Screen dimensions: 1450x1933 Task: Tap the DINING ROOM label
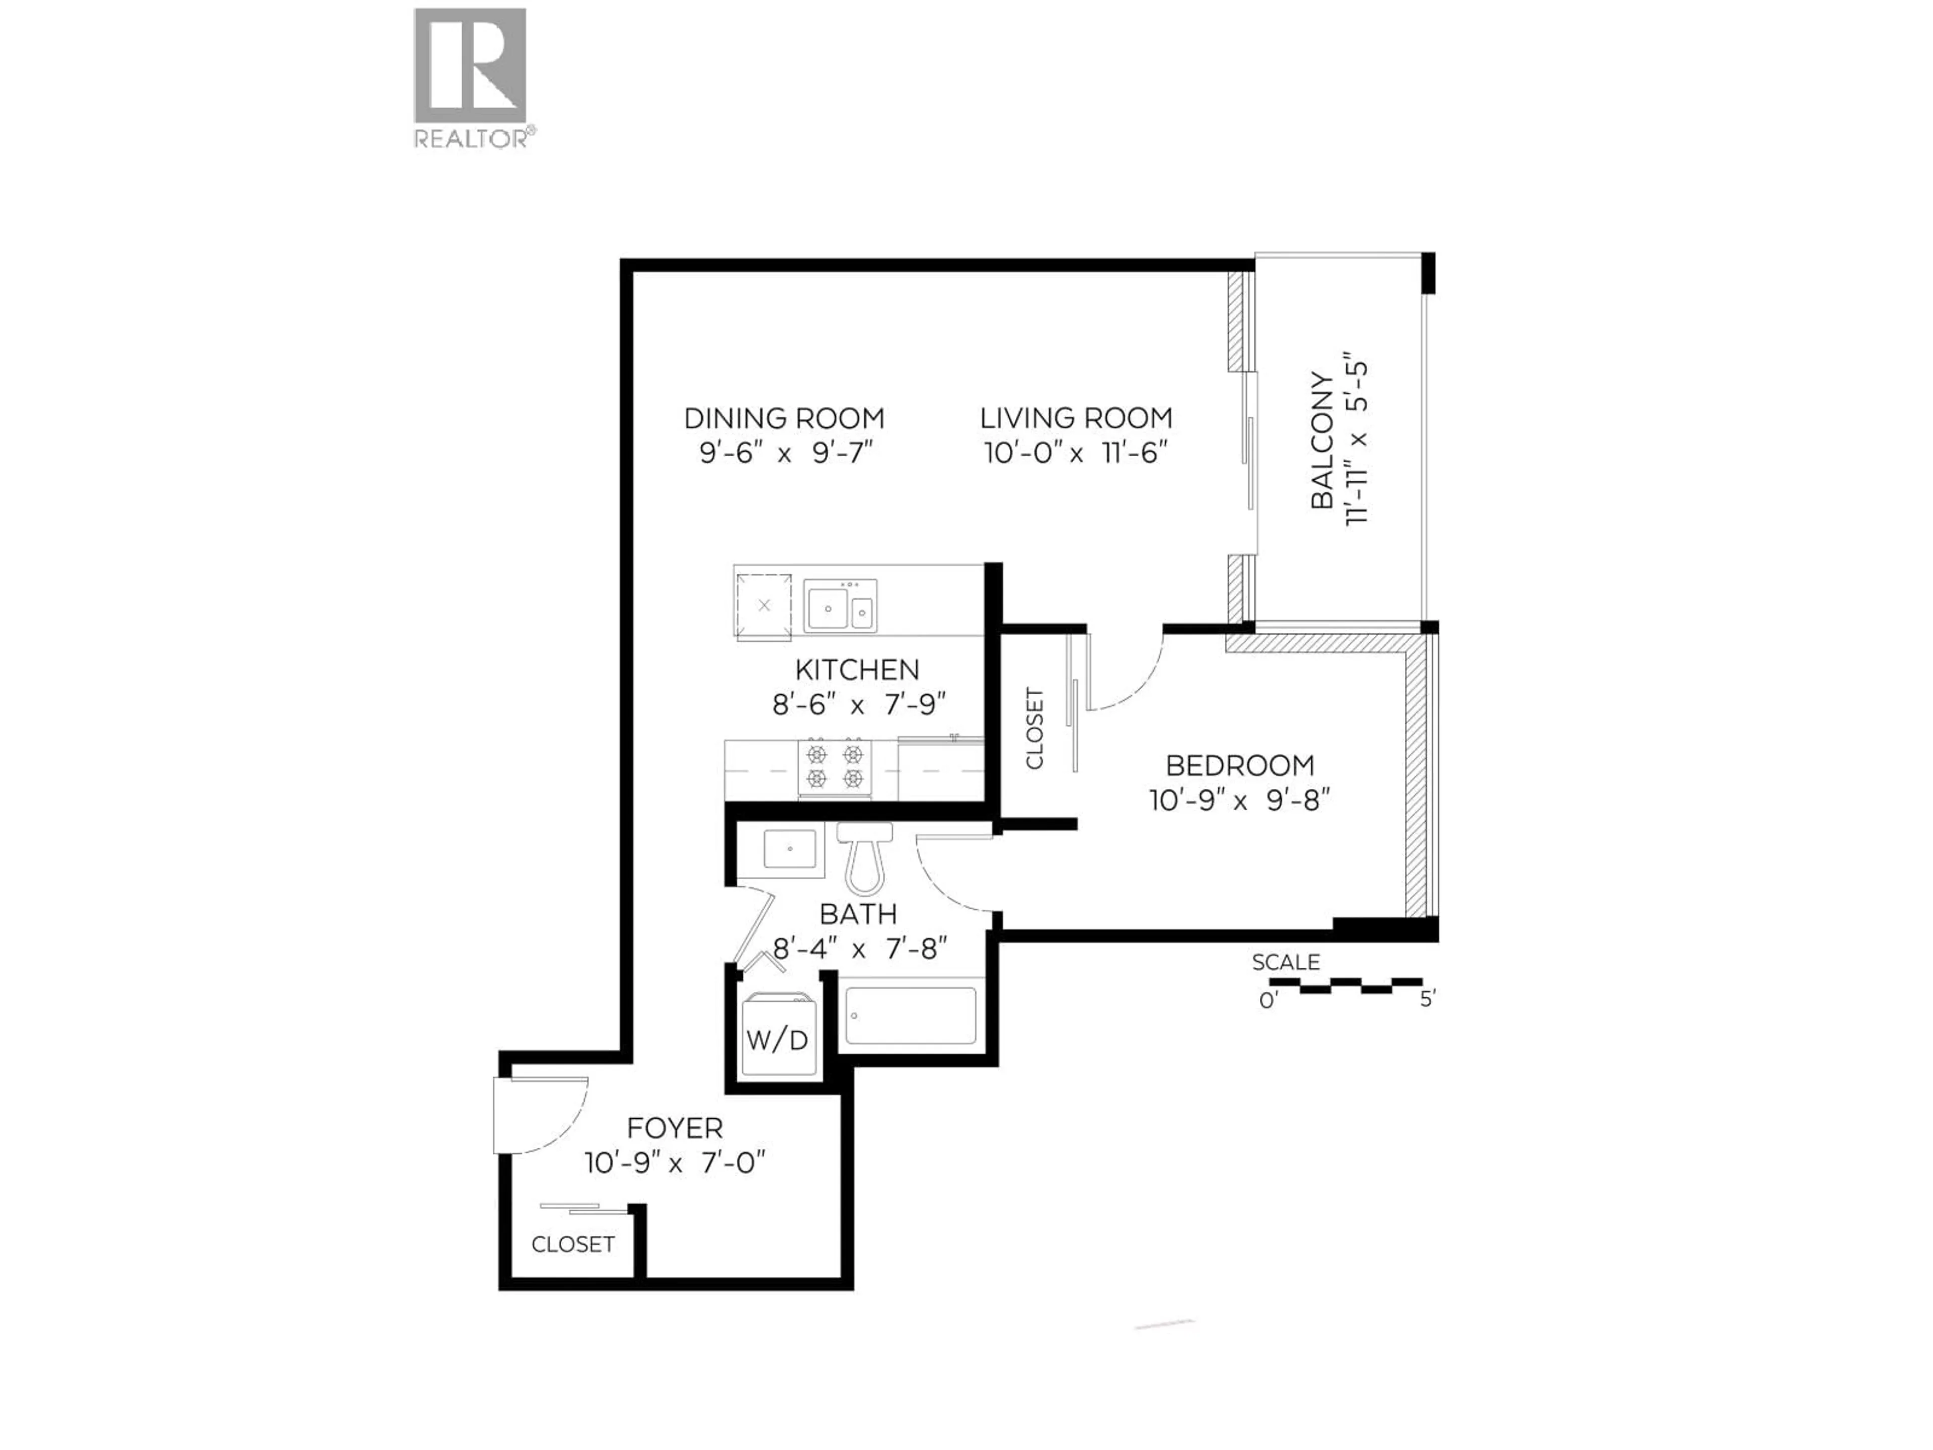pos(784,419)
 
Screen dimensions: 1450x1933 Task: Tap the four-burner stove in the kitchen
pos(835,766)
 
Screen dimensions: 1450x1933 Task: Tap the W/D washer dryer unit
pos(777,1039)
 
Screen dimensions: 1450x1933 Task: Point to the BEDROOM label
pos(1239,766)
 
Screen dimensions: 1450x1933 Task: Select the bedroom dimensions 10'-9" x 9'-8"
pos(1239,800)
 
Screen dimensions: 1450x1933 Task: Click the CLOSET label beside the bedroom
pos(1034,728)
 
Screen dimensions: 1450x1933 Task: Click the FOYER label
pos(675,1127)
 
